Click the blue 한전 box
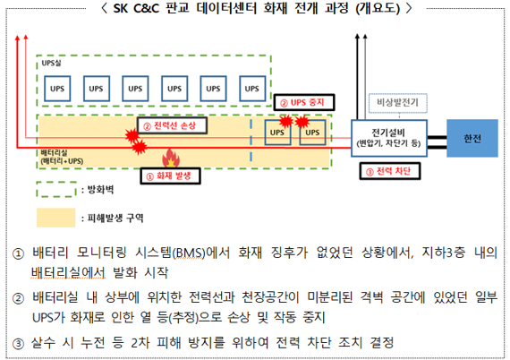tap(472, 138)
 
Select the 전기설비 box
tap(388, 138)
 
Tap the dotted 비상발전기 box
tap(397, 103)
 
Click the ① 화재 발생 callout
tap(170, 176)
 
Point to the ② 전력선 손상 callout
tap(172, 125)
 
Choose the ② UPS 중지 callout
tap(304, 102)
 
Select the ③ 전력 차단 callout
tap(389, 171)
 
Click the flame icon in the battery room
tap(171, 159)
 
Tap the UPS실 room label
tap(51, 63)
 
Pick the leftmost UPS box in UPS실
tap(57, 89)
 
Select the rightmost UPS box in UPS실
tap(252, 89)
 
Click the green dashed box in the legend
tap(56, 190)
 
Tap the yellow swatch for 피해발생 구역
tap(56, 218)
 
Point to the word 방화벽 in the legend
tap(100, 190)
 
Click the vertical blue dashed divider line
tap(251, 141)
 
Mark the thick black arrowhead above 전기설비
tap(357, 36)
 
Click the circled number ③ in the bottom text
tap(18, 343)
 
